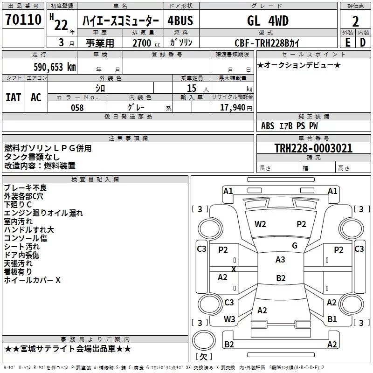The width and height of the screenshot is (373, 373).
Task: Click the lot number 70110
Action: click(23, 19)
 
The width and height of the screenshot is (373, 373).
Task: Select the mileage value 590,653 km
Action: click(55, 67)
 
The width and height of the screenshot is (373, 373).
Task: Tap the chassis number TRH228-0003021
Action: click(313, 148)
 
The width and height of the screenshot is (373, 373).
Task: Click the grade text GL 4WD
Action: click(268, 21)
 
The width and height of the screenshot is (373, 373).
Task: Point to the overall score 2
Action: click(355, 21)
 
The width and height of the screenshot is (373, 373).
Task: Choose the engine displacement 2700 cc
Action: click(146, 43)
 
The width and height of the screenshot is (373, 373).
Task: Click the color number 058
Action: click(77, 108)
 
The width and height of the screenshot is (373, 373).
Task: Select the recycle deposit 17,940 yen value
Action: click(236, 108)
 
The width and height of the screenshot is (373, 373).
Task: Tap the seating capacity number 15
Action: click(192, 88)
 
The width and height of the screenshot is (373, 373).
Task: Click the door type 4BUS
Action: click(180, 21)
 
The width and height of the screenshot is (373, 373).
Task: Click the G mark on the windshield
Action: click(295, 246)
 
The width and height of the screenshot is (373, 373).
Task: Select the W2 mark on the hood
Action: click(260, 224)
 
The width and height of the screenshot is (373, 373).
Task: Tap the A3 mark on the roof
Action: click(280, 260)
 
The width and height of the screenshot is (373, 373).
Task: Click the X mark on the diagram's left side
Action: click(234, 269)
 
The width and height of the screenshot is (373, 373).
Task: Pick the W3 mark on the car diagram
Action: click(229, 319)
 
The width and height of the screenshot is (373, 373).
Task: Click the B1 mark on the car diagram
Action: click(332, 319)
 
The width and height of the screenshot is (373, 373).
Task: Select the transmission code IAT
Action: click(14, 97)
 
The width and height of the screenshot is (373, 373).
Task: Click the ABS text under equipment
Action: click(268, 126)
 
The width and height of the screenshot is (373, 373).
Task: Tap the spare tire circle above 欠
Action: click(204, 340)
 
